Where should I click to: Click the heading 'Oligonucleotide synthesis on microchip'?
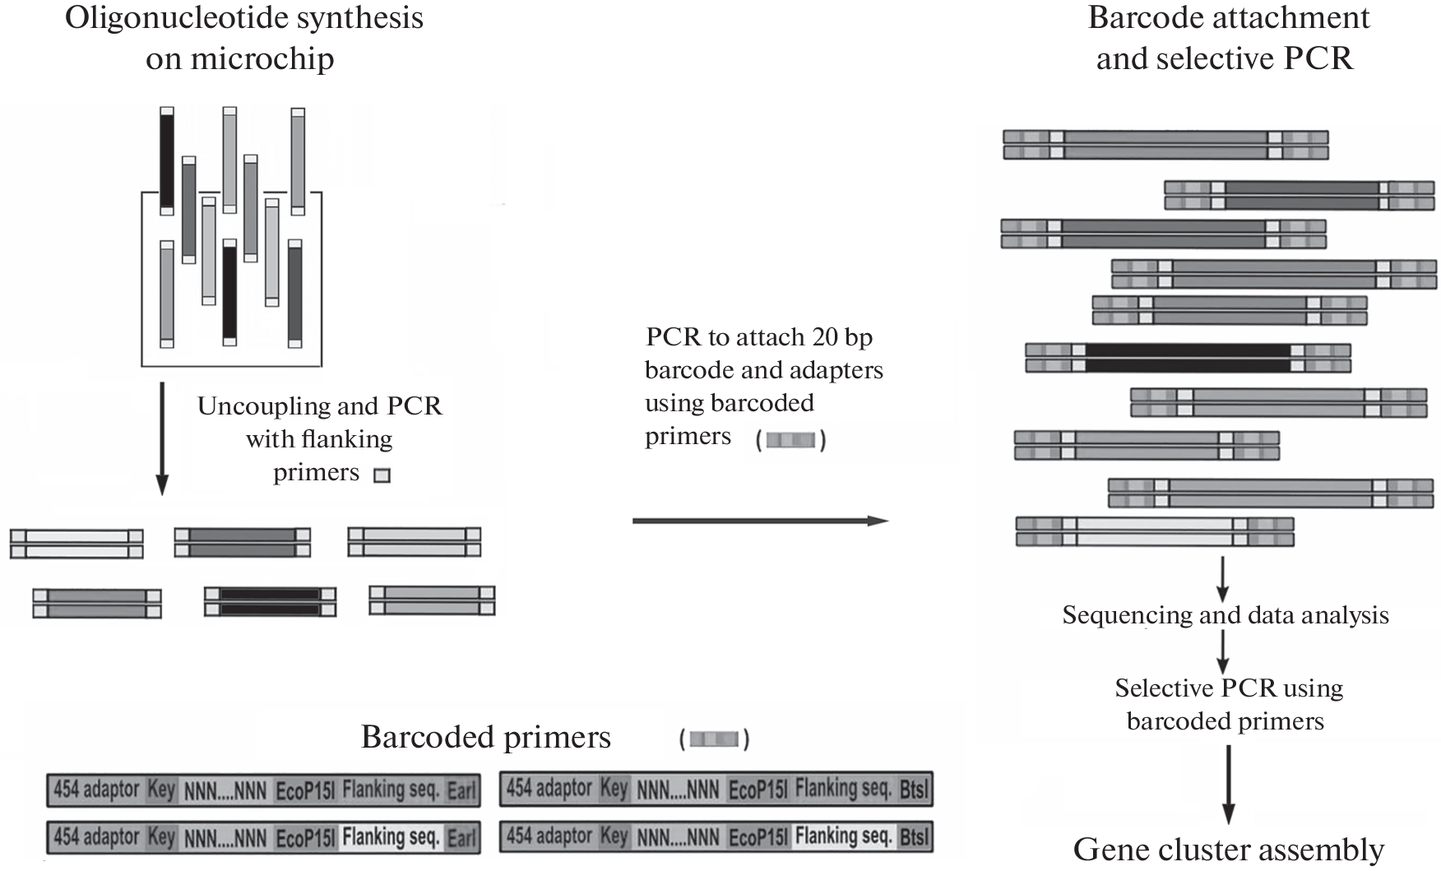[x=243, y=38]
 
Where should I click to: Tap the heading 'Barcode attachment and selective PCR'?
[x=1228, y=38]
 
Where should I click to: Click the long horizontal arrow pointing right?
[x=760, y=521]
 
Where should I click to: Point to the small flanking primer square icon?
[x=382, y=475]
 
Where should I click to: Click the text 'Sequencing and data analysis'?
[x=1225, y=615]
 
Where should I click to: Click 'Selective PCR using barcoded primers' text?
[x=1228, y=704]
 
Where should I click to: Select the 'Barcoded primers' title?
[x=485, y=737]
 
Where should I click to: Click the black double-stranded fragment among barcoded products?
[x=1188, y=359]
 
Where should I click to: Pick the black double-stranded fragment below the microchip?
[x=270, y=601]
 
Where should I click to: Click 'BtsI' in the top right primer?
[x=914, y=790]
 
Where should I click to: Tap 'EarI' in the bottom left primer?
[x=461, y=838]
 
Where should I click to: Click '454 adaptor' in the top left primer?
[x=96, y=790]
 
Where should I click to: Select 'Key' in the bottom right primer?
[x=614, y=837]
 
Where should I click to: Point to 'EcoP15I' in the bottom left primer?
[x=304, y=838]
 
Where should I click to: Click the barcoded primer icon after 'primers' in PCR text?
[x=790, y=441]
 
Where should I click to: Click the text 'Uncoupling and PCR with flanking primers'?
[x=319, y=438]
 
